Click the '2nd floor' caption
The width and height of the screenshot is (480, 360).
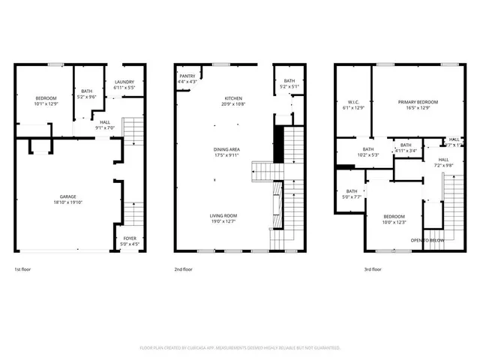(x=183, y=268)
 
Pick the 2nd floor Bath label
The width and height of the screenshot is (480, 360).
(x=288, y=83)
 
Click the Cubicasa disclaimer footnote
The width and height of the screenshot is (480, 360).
(x=240, y=347)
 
